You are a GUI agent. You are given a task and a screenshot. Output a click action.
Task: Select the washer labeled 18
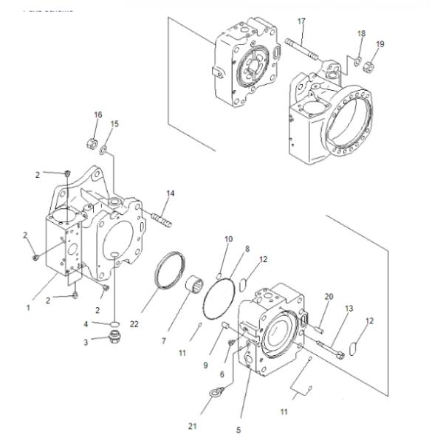[x=357, y=59]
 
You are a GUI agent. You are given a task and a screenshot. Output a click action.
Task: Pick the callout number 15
[x=114, y=123]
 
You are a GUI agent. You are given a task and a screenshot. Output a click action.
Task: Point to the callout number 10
[x=228, y=239]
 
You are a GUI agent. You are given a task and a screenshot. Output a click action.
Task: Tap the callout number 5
[x=238, y=430]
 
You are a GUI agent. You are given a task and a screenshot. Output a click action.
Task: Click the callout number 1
[x=29, y=307]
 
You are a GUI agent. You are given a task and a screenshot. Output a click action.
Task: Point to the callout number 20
[x=329, y=296]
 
